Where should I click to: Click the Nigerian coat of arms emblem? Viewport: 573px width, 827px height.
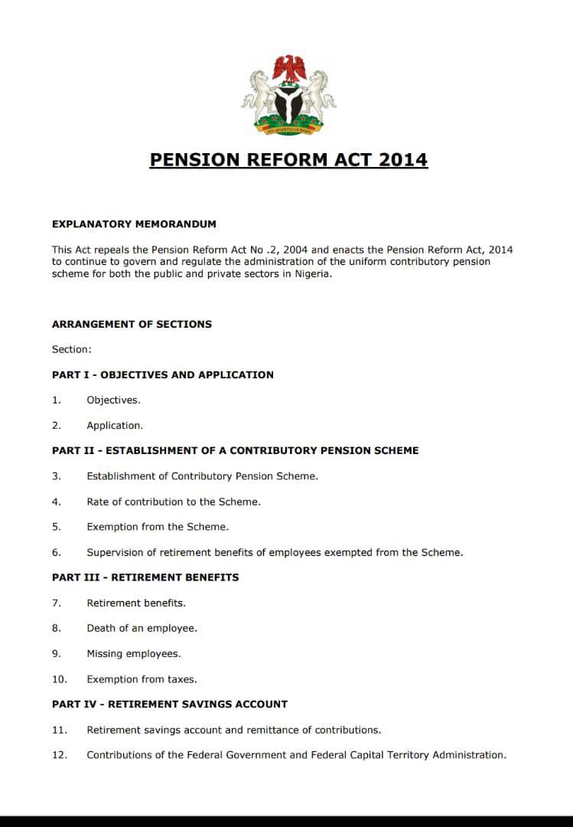click(x=288, y=96)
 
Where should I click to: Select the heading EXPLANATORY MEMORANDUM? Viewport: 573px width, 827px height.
click(x=134, y=224)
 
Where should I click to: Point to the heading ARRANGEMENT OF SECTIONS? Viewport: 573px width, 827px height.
click(x=132, y=324)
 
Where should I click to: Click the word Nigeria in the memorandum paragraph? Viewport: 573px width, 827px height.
click(x=311, y=274)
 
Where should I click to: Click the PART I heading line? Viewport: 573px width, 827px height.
click(x=162, y=374)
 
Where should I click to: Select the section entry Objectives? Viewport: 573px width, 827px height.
click(x=113, y=400)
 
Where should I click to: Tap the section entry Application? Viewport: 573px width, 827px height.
click(x=115, y=425)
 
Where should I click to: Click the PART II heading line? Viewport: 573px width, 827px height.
click(x=235, y=450)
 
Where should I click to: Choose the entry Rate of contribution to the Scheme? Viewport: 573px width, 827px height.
click(x=174, y=502)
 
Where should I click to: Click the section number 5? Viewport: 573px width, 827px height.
click(x=56, y=527)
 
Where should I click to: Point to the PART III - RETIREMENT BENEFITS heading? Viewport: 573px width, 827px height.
click(x=145, y=577)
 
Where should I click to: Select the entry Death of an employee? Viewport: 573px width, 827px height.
click(x=142, y=628)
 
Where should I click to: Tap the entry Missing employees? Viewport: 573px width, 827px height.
click(x=133, y=654)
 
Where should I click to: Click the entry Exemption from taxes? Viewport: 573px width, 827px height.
click(x=142, y=679)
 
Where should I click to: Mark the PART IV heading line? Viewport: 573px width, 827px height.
click(x=170, y=704)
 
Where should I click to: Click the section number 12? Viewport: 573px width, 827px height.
click(x=60, y=755)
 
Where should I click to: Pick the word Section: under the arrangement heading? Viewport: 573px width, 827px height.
click(x=71, y=349)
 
